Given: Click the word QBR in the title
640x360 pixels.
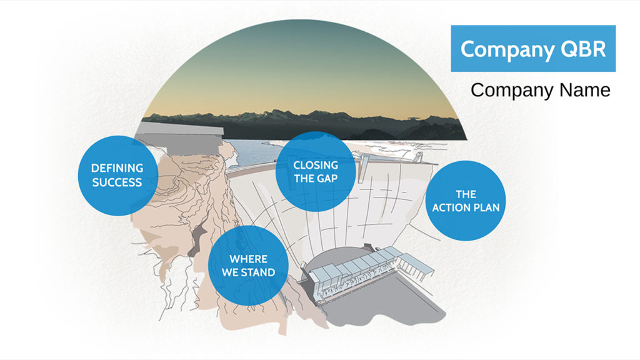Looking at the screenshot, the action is (583, 49).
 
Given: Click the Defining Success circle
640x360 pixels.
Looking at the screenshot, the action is (117, 176).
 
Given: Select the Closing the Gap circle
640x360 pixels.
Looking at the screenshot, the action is (316, 171).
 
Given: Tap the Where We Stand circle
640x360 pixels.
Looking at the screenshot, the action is (248, 266).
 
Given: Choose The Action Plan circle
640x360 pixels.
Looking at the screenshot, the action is (465, 201).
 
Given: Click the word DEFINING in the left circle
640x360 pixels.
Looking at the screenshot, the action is (117, 168).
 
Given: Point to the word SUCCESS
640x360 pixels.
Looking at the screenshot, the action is (117, 182).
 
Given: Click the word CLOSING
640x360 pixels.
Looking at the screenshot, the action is (316, 165).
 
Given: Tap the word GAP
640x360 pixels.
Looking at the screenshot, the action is (327, 179).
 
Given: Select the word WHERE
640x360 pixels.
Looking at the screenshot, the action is (248, 259).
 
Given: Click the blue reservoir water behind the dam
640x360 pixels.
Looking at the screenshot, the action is (249, 152).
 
